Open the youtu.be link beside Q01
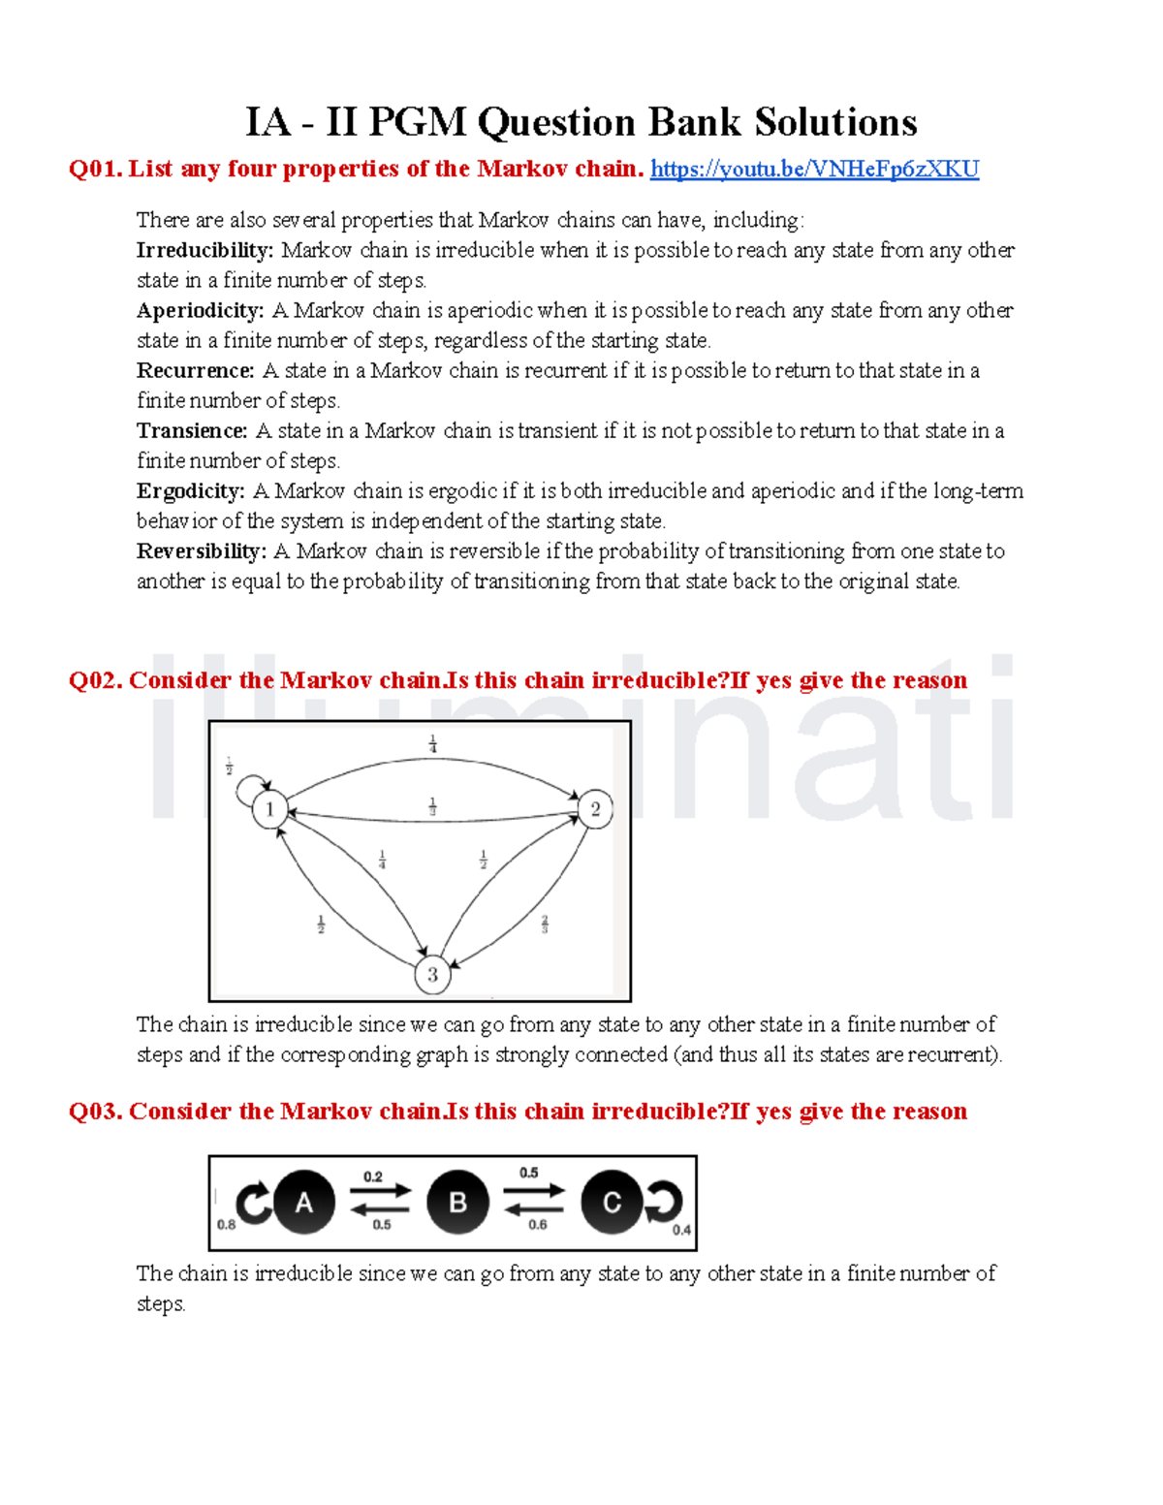[x=814, y=170]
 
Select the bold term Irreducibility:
[x=205, y=251]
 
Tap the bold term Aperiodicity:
[x=200, y=311]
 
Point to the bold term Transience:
[x=192, y=431]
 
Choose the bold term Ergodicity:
[x=191, y=491]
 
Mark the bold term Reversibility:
[x=201, y=551]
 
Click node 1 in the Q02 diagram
[x=270, y=809]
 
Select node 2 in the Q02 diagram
[x=595, y=809]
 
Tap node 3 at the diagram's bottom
[x=432, y=975]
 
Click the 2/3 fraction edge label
[x=545, y=925]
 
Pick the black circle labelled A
[x=304, y=1203]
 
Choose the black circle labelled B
[x=457, y=1203]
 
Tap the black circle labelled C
[x=612, y=1203]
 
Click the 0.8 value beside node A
[x=226, y=1225]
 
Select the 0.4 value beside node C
[x=682, y=1230]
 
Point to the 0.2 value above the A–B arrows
[x=373, y=1176]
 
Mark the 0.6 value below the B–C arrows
[x=537, y=1225]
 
